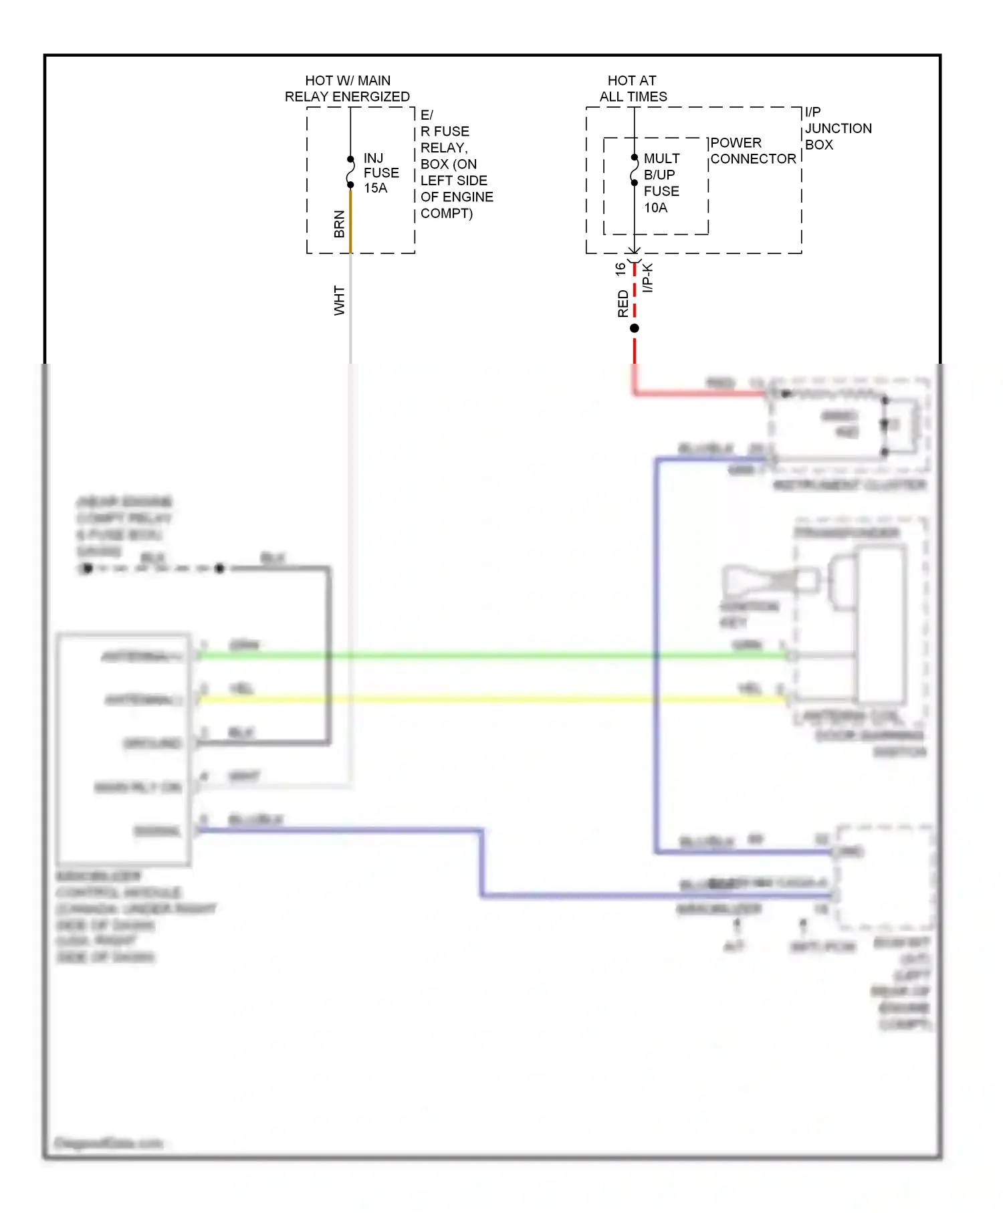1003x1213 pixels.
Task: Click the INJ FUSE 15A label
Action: tap(380, 173)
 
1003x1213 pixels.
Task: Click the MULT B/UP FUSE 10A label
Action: tap(661, 183)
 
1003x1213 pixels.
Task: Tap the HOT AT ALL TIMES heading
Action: tap(633, 88)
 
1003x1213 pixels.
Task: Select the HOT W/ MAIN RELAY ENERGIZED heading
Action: tap(347, 88)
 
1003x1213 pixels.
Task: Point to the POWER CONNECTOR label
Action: tap(752, 151)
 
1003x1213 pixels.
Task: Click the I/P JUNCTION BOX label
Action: tap(837, 128)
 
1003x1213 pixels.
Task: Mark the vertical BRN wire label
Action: tap(339, 224)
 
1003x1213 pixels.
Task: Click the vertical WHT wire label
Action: tap(339, 301)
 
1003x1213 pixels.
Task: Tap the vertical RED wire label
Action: tap(623, 304)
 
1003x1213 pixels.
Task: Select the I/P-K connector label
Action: tap(647, 278)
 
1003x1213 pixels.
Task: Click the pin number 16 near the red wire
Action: tap(620, 269)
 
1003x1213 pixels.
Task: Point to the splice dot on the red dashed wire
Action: tap(635, 328)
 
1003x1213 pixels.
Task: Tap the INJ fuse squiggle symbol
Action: tap(350, 173)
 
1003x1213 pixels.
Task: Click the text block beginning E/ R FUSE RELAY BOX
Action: tap(456, 164)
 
